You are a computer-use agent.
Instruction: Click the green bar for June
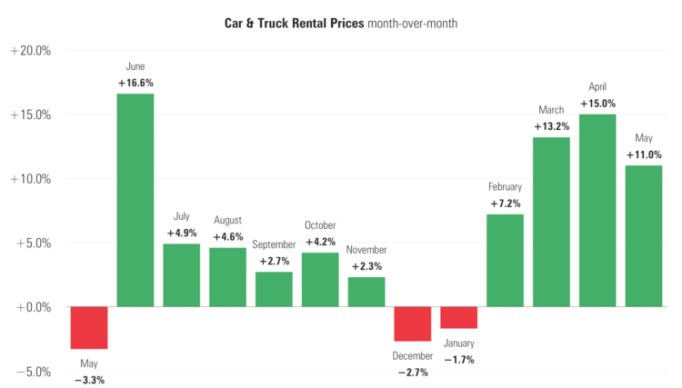(135, 200)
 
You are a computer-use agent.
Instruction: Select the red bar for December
(412, 323)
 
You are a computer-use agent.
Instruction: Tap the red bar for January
(458, 317)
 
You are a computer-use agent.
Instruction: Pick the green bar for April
(597, 210)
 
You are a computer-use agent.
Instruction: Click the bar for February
(505, 260)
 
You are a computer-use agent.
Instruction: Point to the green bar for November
(366, 292)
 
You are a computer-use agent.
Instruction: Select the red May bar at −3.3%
(89, 327)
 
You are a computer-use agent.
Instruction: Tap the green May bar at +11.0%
(644, 235)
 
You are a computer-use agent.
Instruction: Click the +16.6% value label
(135, 83)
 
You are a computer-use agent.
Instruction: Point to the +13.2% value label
(551, 126)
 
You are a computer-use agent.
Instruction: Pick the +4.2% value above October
(320, 242)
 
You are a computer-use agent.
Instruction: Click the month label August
(227, 220)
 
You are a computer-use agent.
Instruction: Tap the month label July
(182, 217)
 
